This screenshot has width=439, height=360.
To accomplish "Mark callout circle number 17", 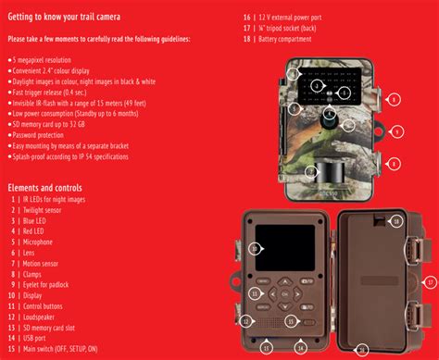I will point(429,281).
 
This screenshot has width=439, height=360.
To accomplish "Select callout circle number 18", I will point(396,221).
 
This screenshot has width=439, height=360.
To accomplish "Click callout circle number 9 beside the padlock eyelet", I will point(396,132).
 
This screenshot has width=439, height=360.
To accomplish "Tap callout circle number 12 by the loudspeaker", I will point(247,320).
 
